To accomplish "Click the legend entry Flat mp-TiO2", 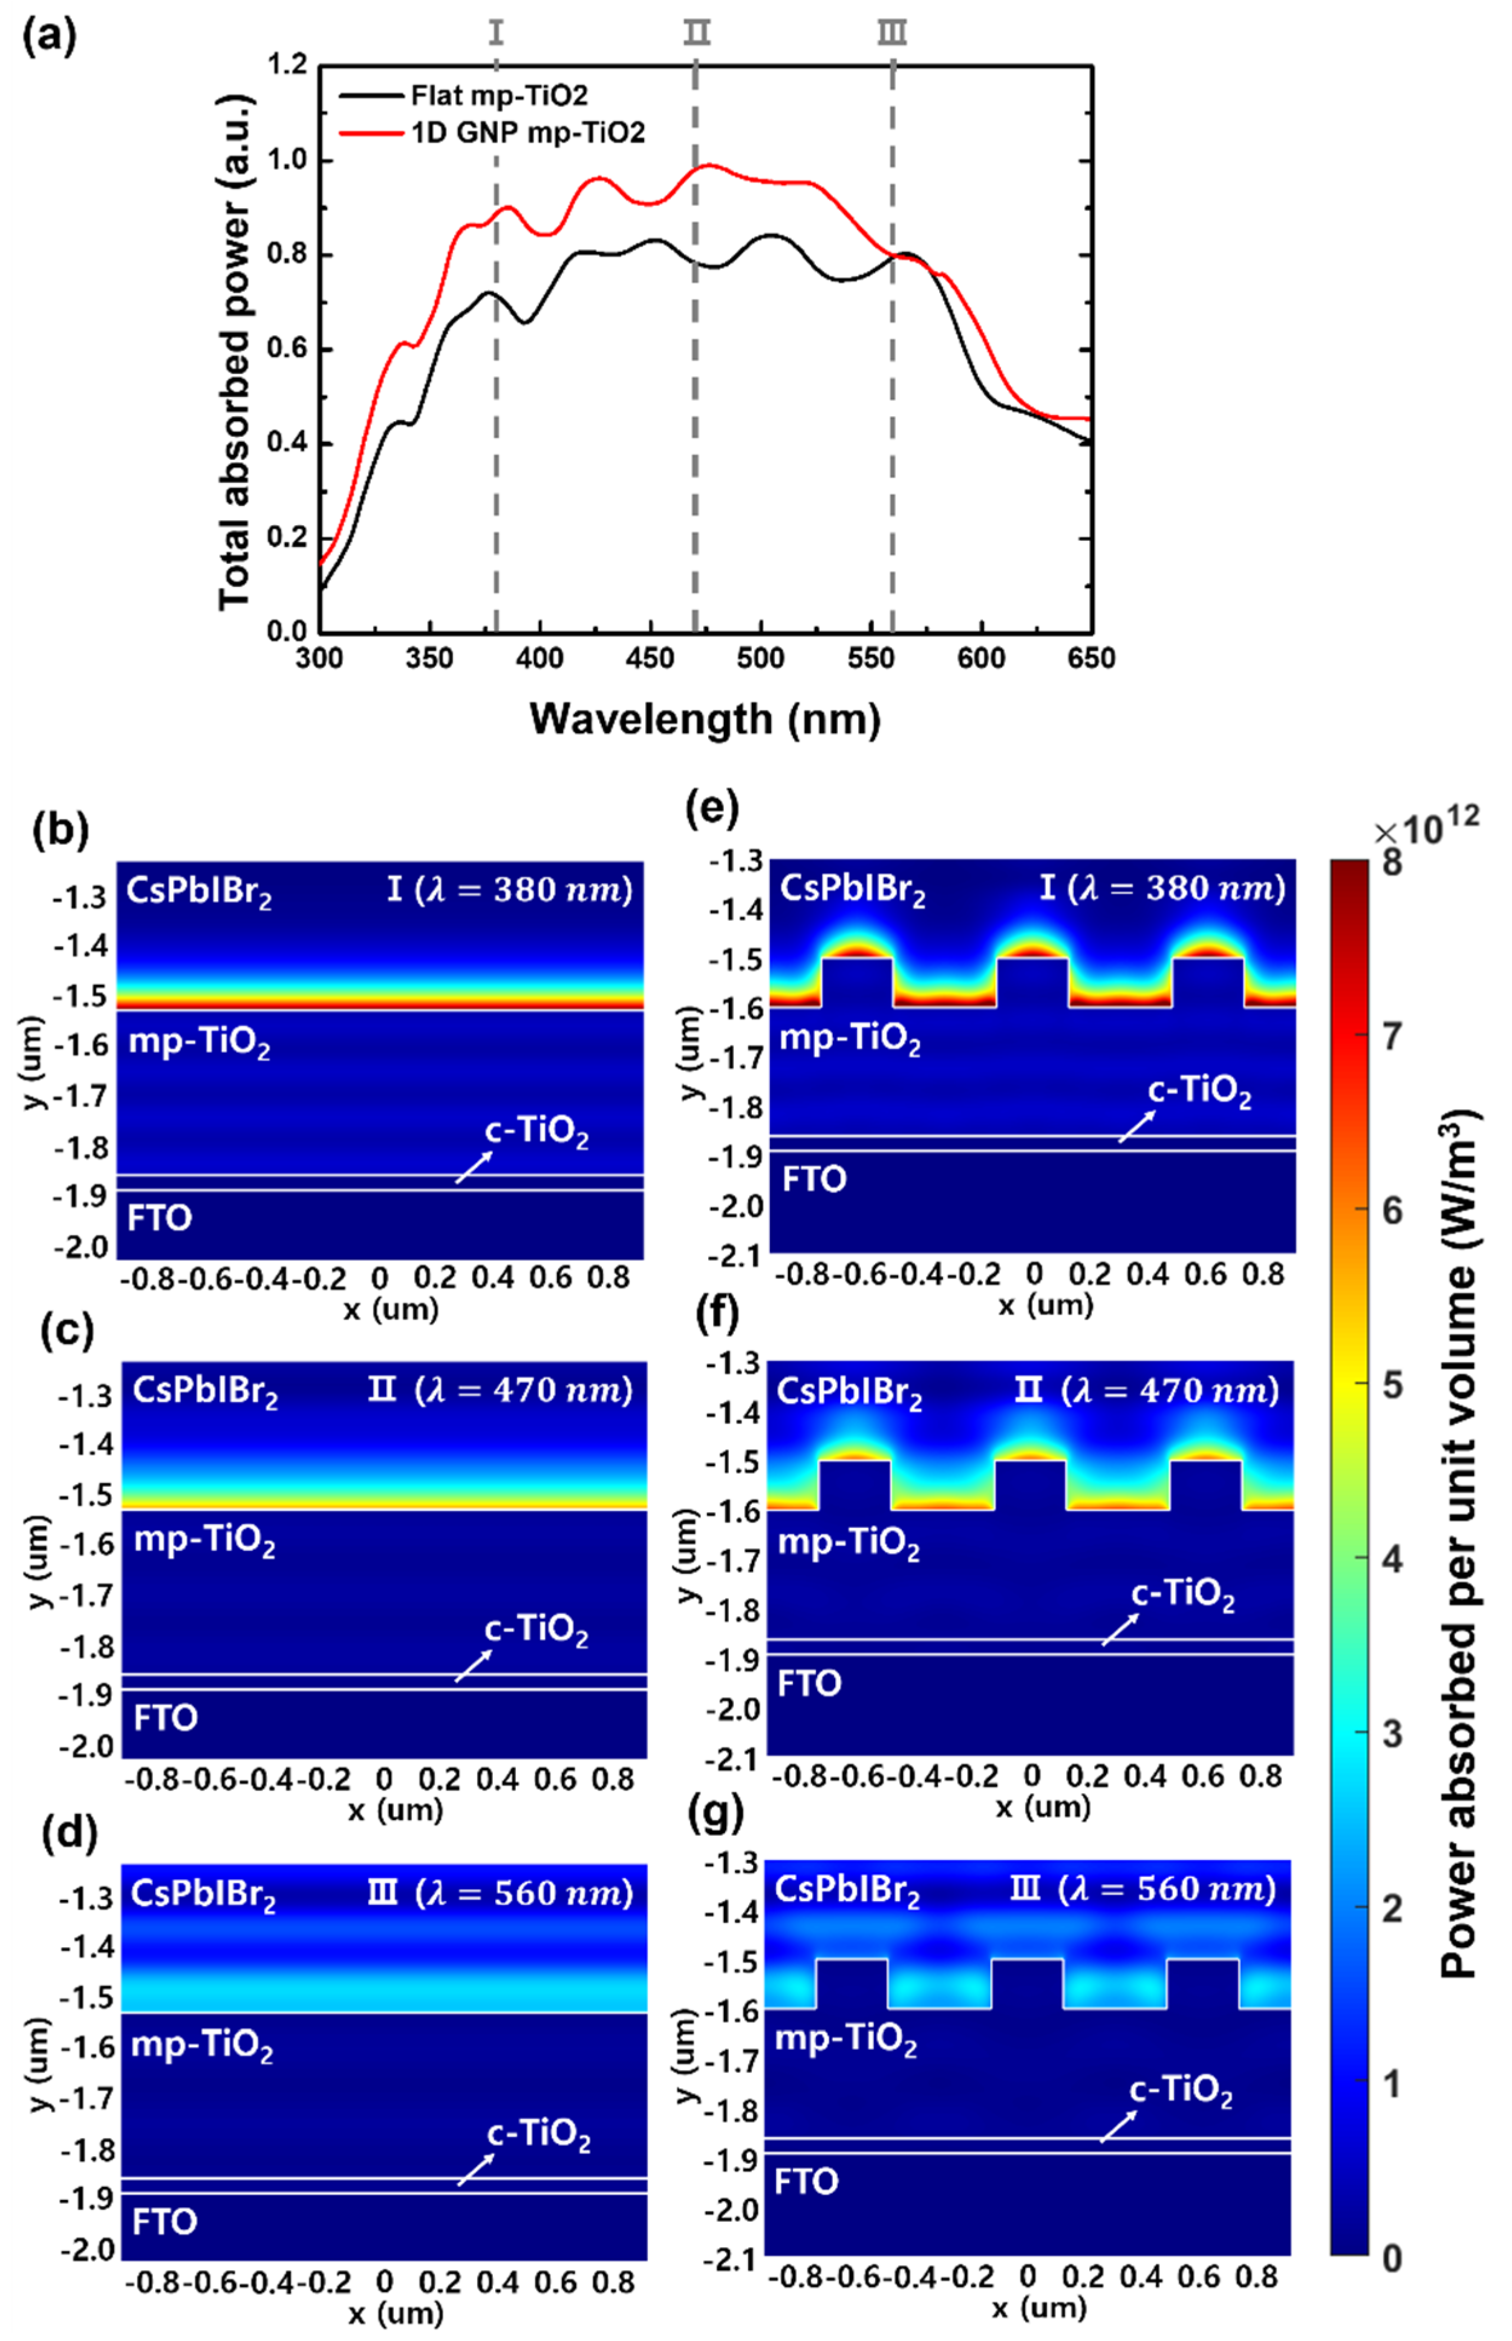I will click(499, 95).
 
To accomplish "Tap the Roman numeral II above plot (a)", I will click(696, 33).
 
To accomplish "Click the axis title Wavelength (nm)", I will click(705, 719).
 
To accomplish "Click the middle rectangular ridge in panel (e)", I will click(1032, 982).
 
